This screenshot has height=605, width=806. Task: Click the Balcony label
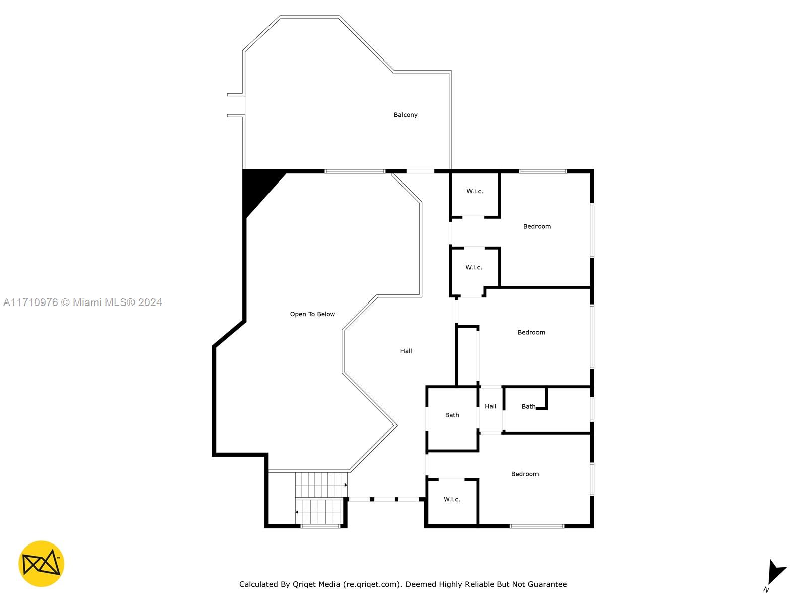point(405,115)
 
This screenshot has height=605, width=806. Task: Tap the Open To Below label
point(312,314)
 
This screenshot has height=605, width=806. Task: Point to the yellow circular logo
point(41,564)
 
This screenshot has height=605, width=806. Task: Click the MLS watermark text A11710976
point(31,302)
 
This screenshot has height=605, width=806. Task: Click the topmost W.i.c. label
point(475,191)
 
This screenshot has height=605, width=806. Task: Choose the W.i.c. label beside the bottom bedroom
point(452,499)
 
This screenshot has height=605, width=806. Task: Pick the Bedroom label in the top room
point(537,226)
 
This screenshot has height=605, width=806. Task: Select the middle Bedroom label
point(531,332)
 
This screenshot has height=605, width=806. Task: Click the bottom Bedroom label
point(525,474)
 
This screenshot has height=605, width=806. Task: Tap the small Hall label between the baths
point(490,406)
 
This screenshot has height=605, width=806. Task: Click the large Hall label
point(406,351)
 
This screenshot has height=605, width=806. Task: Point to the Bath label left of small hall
point(452,415)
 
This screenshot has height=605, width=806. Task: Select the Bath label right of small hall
point(529,406)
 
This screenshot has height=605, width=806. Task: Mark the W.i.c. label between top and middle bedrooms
point(474,267)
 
